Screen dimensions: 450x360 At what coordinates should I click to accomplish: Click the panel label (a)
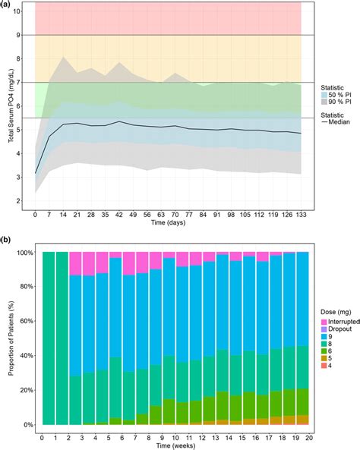point(7,7)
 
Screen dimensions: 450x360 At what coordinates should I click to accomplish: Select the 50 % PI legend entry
point(332,91)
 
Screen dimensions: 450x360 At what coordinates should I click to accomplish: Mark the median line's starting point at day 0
point(35,173)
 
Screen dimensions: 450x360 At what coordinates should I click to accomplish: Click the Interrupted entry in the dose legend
point(335,322)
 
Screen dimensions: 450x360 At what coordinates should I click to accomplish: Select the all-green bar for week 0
point(48,338)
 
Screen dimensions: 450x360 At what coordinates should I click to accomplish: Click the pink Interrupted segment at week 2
point(74,264)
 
